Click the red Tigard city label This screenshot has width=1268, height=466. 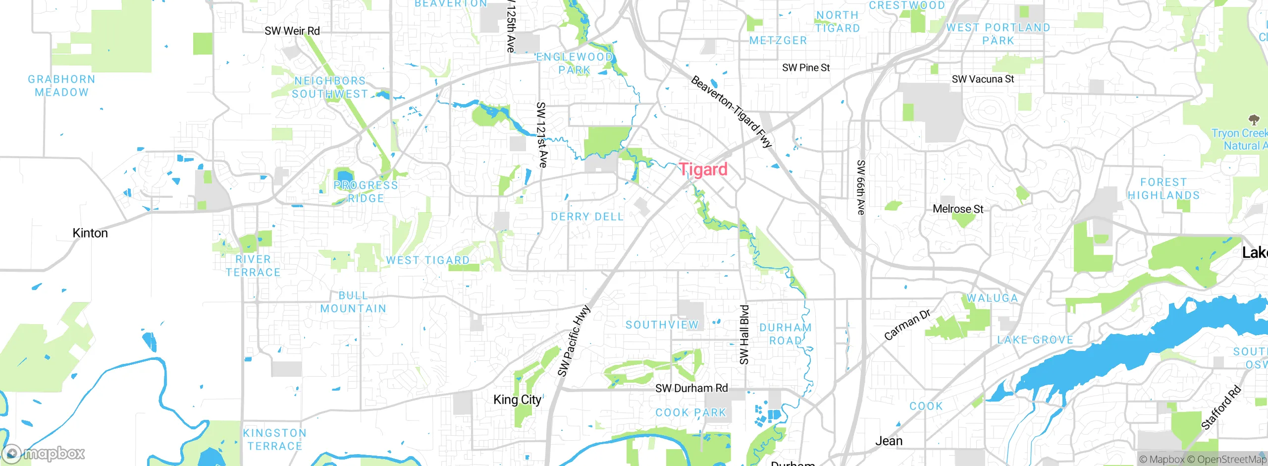pyautogui.click(x=703, y=170)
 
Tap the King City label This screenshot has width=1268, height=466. pyautogui.click(x=517, y=400)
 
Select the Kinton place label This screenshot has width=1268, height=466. pyautogui.click(x=90, y=233)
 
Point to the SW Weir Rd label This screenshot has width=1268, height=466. pyautogui.click(x=292, y=31)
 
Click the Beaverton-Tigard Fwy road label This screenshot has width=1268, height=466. pyautogui.click(x=732, y=112)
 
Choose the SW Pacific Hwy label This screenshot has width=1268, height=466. pyautogui.click(x=574, y=341)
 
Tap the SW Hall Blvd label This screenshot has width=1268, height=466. pyautogui.click(x=744, y=335)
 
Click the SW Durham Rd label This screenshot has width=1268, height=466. pyautogui.click(x=691, y=388)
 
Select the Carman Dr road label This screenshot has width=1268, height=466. pyautogui.click(x=907, y=325)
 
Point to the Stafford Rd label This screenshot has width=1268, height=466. pyautogui.click(x=1221, y=407)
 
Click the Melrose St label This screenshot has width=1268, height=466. pyautogui.click(x=958, y=209)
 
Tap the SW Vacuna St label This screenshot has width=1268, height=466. pyautogui.click(x=983, y=79)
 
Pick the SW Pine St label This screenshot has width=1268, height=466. pyautogui.click(x=806, y=68)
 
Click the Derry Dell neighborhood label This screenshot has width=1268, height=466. pyautogui.click(x=587, y=217)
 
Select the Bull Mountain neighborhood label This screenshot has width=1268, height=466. pyautogui.click(x=353, y=302)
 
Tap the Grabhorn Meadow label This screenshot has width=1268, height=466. pyautogui.click(x=61, y=86)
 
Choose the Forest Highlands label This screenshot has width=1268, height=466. pyautogui.click(x=1163, y=189)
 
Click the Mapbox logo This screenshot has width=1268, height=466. pyautogui.click(x=44, y=453)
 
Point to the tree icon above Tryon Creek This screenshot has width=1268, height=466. pyautogui.click(x=1254, y=119)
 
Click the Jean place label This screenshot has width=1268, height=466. pyautogui.click(x=889, y=441)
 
